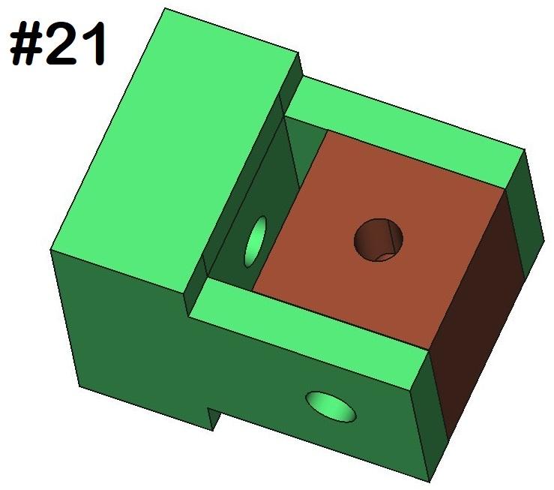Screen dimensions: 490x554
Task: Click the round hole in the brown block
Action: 379,239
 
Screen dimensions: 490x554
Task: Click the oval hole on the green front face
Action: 331,406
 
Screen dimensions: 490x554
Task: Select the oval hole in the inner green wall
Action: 256,242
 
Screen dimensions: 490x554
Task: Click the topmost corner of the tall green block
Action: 164,9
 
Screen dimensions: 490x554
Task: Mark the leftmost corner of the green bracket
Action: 50,251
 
